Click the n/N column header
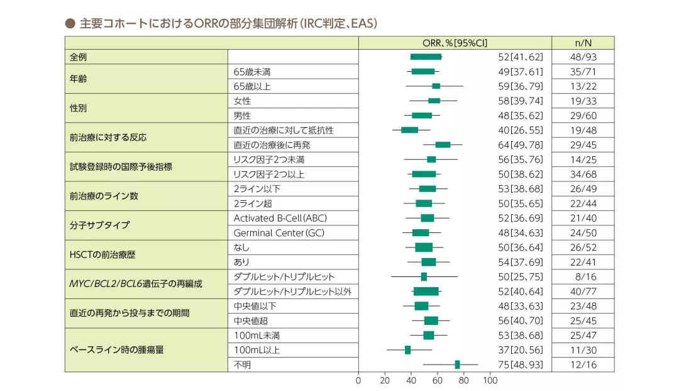coord(583,42)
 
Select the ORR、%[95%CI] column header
coord(455,42)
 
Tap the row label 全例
coord(79,57)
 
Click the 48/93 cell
coord(583,57)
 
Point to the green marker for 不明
coord(457,365)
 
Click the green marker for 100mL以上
coord(407,350)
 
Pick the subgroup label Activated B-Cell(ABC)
coord(280,218)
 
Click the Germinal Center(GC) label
coord(279,232)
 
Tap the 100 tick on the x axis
coord(490,380)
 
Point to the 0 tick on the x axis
coord(358,380)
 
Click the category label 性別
coord(79,108)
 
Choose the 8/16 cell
coord(583,276)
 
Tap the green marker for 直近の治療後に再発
coord(443,145)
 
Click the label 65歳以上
coord(252,86)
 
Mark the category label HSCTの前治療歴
coord(102,254)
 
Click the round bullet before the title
coord(70,24)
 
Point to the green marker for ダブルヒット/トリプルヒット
coord(424,276)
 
